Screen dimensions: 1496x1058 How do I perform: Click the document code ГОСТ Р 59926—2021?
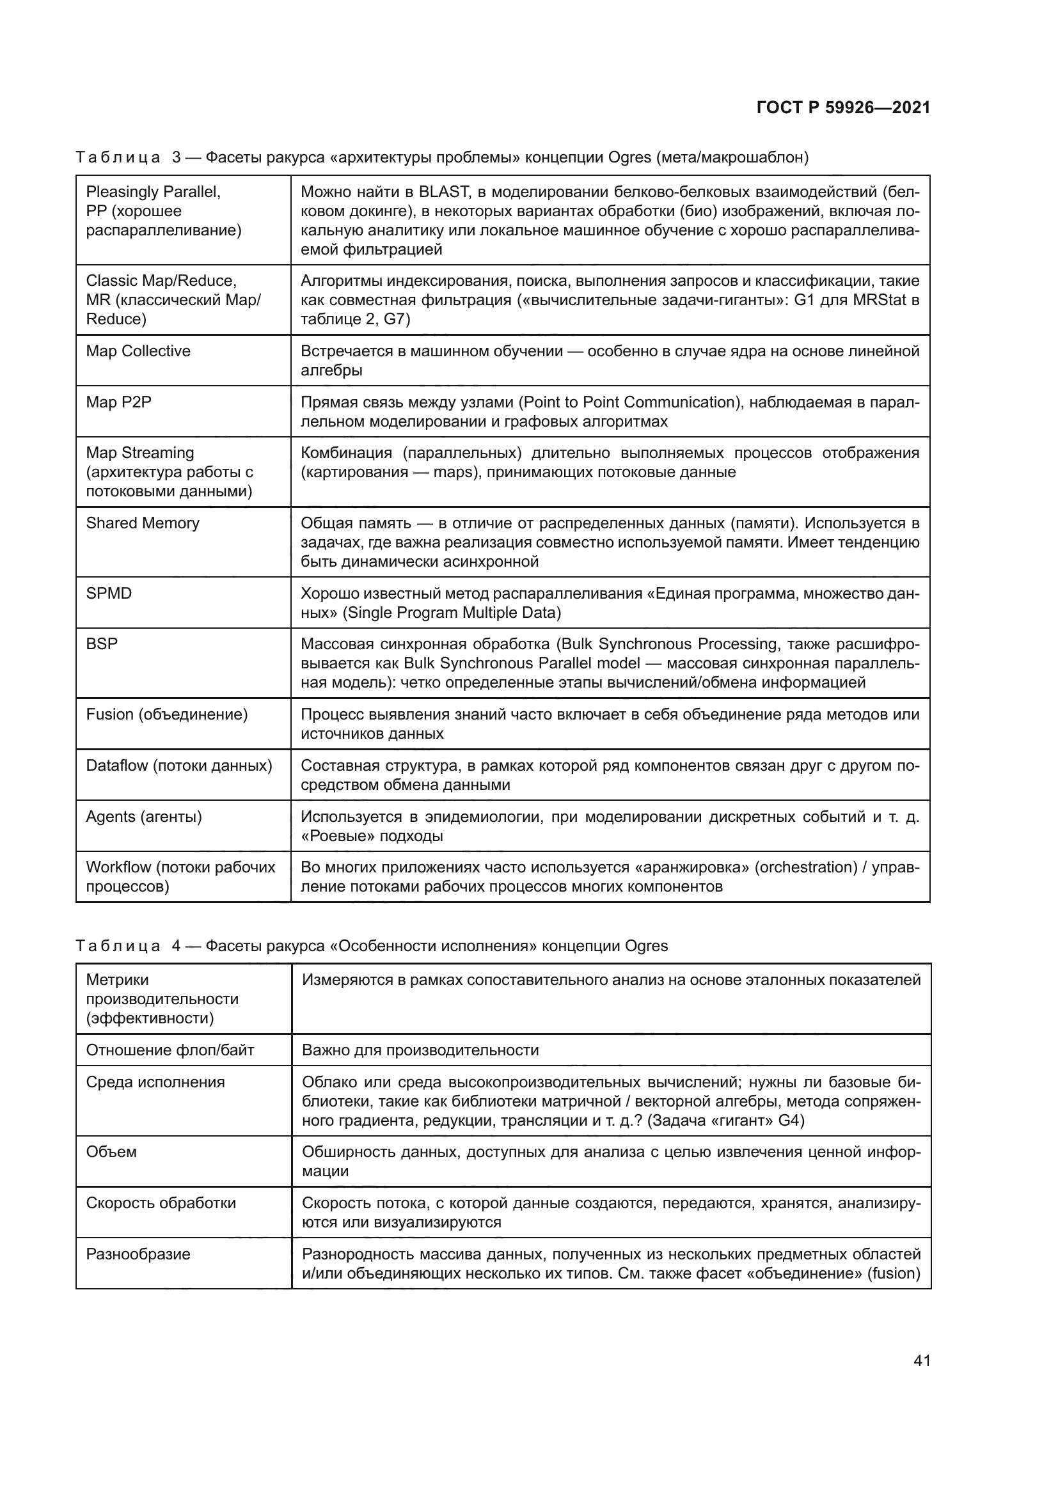tap(843, 108)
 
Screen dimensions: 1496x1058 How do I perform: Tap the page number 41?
tap(921, 1360)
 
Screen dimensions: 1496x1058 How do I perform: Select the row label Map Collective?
tap(138, 351)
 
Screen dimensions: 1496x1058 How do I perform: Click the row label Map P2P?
tap(118, 402)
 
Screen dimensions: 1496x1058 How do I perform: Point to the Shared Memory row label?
tap(143, 523)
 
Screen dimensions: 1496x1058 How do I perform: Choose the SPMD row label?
tap(109, 594)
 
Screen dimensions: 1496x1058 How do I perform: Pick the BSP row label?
tap(102, 645)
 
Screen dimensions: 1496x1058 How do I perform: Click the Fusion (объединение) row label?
tap(167, 715)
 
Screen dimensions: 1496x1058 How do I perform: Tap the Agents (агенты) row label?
tap(144, 817)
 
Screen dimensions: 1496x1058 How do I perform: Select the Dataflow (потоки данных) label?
tap(179, 766)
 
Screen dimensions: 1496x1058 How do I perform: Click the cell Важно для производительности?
tap(420, 1050)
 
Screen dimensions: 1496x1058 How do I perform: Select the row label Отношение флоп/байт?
tap(170, 1050)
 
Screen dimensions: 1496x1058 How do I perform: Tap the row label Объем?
tap(111, 1153)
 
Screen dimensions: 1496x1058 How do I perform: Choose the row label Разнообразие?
tap(138, 1254)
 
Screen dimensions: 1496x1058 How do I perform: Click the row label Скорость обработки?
tap(161, 1204)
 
